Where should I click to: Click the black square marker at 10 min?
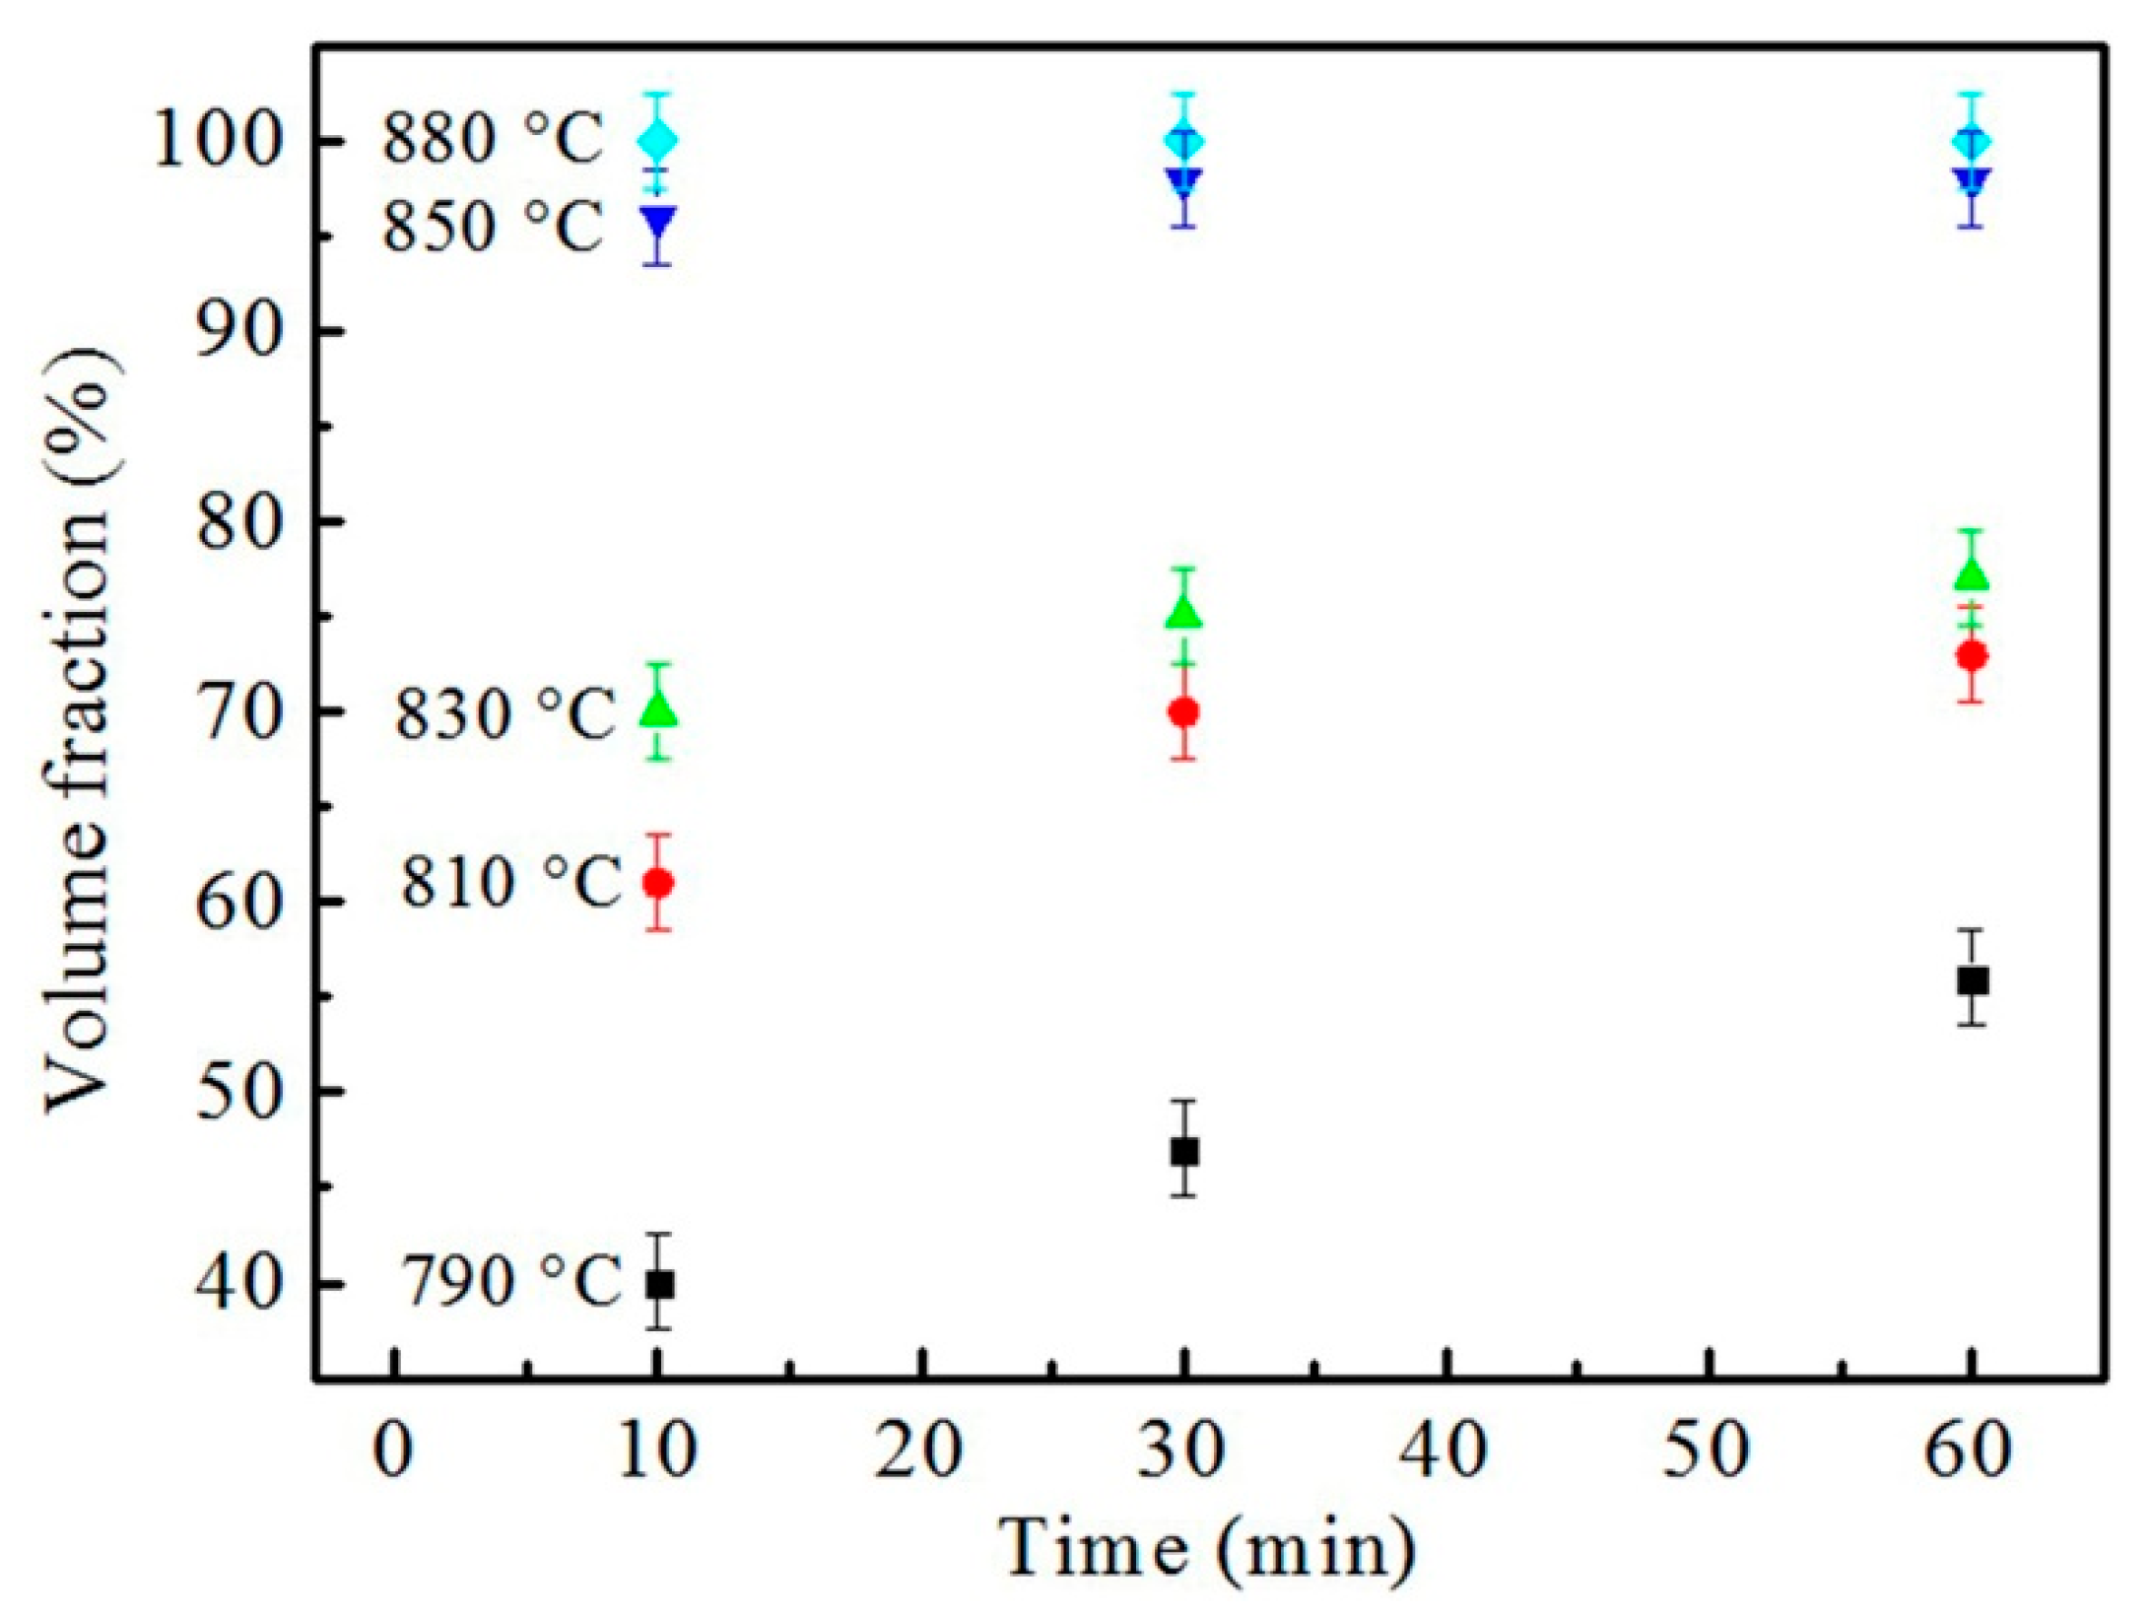659,1285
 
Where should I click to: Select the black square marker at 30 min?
1184,1151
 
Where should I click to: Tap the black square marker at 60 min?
1972,980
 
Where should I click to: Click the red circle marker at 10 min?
658,883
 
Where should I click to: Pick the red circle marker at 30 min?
1184,711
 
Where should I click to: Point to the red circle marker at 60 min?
1972,655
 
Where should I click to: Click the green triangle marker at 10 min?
659,708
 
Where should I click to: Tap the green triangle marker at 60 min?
1972,574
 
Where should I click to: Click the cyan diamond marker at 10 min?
658,140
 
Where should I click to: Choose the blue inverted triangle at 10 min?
658,221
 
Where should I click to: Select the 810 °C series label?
509,879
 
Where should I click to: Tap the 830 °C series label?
504,711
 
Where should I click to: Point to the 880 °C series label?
493,138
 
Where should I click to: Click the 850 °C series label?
493,227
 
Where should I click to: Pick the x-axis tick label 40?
1446,1450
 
